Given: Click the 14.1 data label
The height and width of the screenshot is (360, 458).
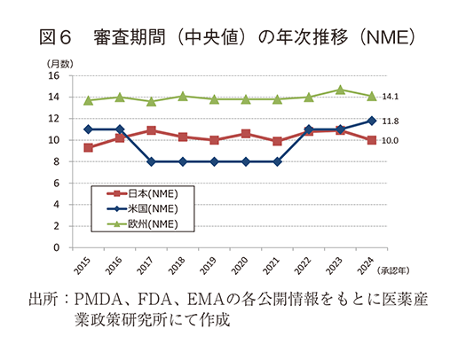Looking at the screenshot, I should coord(390,97).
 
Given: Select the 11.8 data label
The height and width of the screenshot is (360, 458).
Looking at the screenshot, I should coord(390,121).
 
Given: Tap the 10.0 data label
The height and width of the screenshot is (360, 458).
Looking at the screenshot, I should coord(390,141).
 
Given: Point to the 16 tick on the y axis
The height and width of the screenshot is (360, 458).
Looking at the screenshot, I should coord(54,75).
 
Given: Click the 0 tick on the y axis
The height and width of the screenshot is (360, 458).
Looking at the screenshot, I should coord(57,247).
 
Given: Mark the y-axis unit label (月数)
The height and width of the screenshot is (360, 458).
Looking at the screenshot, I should coord(60,63).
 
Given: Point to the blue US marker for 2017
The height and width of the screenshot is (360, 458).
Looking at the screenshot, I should coord(152,161).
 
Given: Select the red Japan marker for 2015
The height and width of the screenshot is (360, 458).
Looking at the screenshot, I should coord(88,147).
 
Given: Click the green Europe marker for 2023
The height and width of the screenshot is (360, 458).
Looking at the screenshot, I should coord(340,90).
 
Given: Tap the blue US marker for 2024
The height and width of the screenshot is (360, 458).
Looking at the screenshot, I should coord(372,121).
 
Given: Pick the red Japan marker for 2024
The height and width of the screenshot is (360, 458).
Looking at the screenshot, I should coord(372,140).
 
